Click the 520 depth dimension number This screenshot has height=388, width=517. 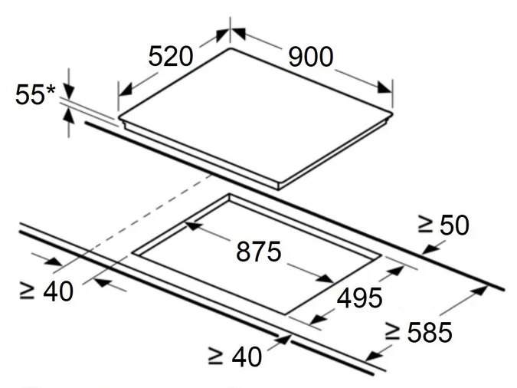171,57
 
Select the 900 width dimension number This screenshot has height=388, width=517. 311,57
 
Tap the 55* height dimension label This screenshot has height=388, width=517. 35,95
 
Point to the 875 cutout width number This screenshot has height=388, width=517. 259,252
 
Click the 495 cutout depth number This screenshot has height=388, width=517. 360,298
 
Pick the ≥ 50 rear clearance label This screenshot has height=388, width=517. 443,225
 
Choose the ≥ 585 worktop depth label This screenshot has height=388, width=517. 419,332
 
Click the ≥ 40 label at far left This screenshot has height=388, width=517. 46,291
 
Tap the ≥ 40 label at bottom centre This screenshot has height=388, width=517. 235,357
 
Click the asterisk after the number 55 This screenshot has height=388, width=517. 51,90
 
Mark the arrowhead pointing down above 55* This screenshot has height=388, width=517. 69,91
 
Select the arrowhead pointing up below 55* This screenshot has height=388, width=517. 69,115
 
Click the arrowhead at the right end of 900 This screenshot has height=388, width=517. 384,87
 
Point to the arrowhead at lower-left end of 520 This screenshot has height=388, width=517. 126,90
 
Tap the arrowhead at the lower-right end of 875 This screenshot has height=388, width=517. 326,278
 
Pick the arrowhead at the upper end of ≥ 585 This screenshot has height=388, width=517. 479,291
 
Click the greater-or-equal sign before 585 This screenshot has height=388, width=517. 392,332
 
